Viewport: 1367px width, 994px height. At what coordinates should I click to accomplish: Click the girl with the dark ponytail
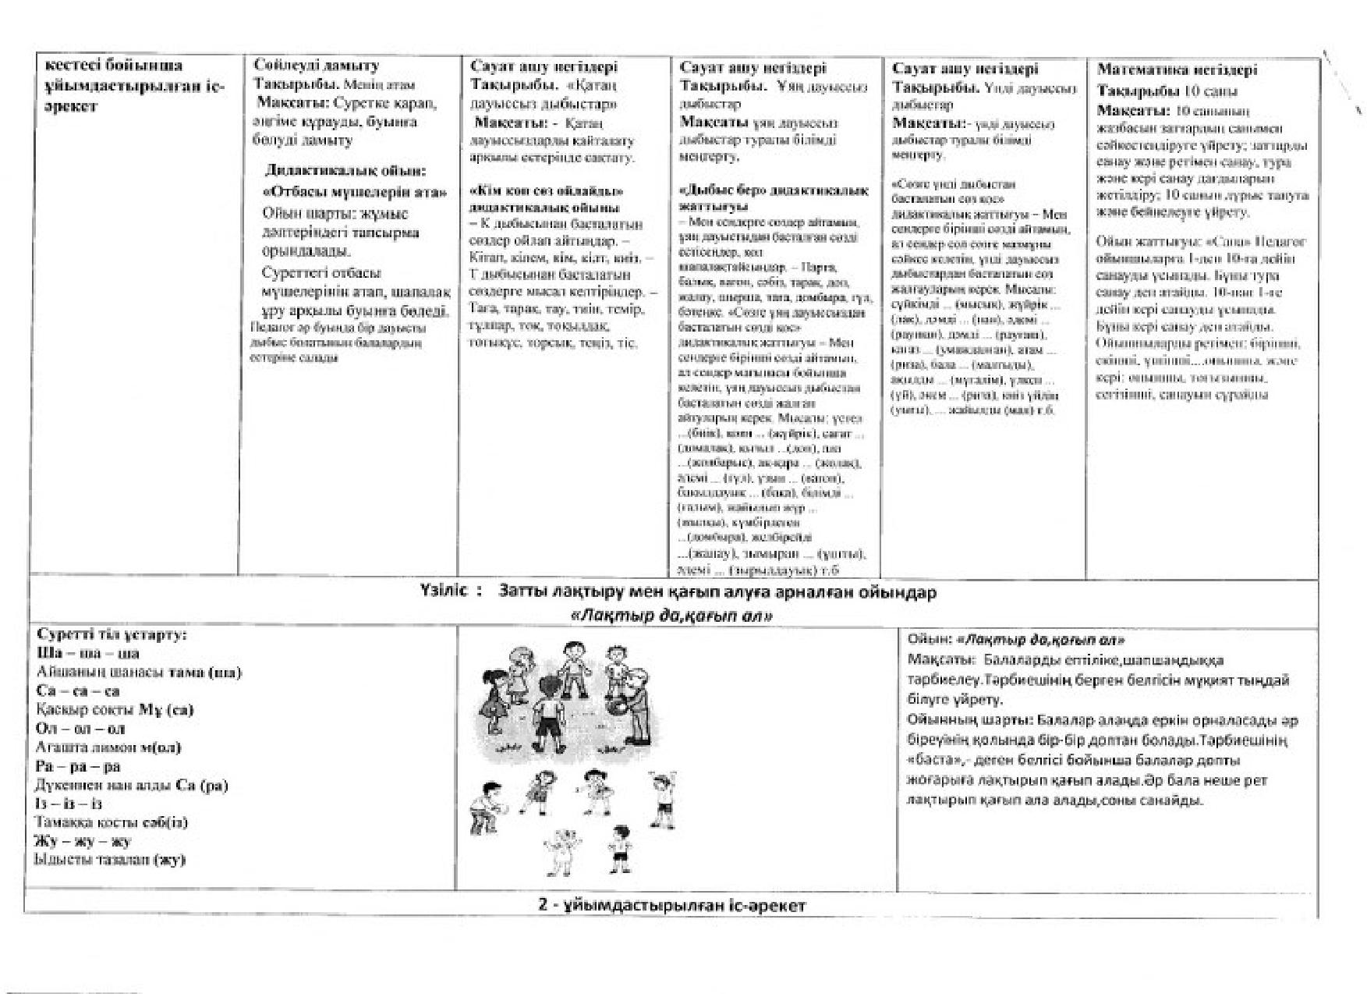pyautogui.click(x=491, y=695)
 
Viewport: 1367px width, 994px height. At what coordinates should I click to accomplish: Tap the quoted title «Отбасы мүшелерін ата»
pyautogui.click(x=355, y=192)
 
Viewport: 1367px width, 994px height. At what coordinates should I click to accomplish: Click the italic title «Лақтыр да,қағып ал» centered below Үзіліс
pyautogui.click(x=672, y=616)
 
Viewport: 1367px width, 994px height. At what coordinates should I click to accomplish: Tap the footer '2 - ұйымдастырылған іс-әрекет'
pyautogui.click(x=671, y=905)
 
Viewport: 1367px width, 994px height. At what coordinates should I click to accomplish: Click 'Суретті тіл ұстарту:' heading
pyautogui.click(x=112, y=634)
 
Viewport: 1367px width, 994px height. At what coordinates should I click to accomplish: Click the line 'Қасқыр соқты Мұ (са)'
pyautogui.click(x=115, y=710)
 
